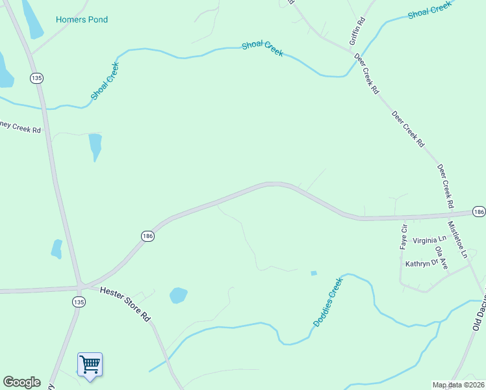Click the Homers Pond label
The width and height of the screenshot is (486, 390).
pyautogui.click(x=82, y=20)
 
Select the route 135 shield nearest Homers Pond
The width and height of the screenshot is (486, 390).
pyautogui.click(x=36, y=78)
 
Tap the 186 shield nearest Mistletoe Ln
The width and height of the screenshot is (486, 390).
pyautogui.click(x=479, y=212)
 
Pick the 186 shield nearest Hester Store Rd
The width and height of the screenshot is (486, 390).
pyautogui.click(x=147, y=237)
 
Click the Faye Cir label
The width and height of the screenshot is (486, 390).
pyautogui.click(x=403, y=237)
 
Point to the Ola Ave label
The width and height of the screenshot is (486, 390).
pyautogui.click(x=442, y=257)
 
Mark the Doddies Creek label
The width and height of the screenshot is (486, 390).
pyautogui.click(x=327, y=302)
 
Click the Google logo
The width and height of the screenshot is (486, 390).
pyautogui.click(x=21, y=382)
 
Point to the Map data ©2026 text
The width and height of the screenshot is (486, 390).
pyautogui.click(x=457, y=385)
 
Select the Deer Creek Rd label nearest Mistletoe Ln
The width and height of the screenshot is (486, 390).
pyautogui.click(x=445, y=186)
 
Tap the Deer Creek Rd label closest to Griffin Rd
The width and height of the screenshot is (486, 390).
pyautogui.click(x=366, y=75)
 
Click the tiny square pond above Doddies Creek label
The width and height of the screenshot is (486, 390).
pyautogui.click(x=314, y=273)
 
